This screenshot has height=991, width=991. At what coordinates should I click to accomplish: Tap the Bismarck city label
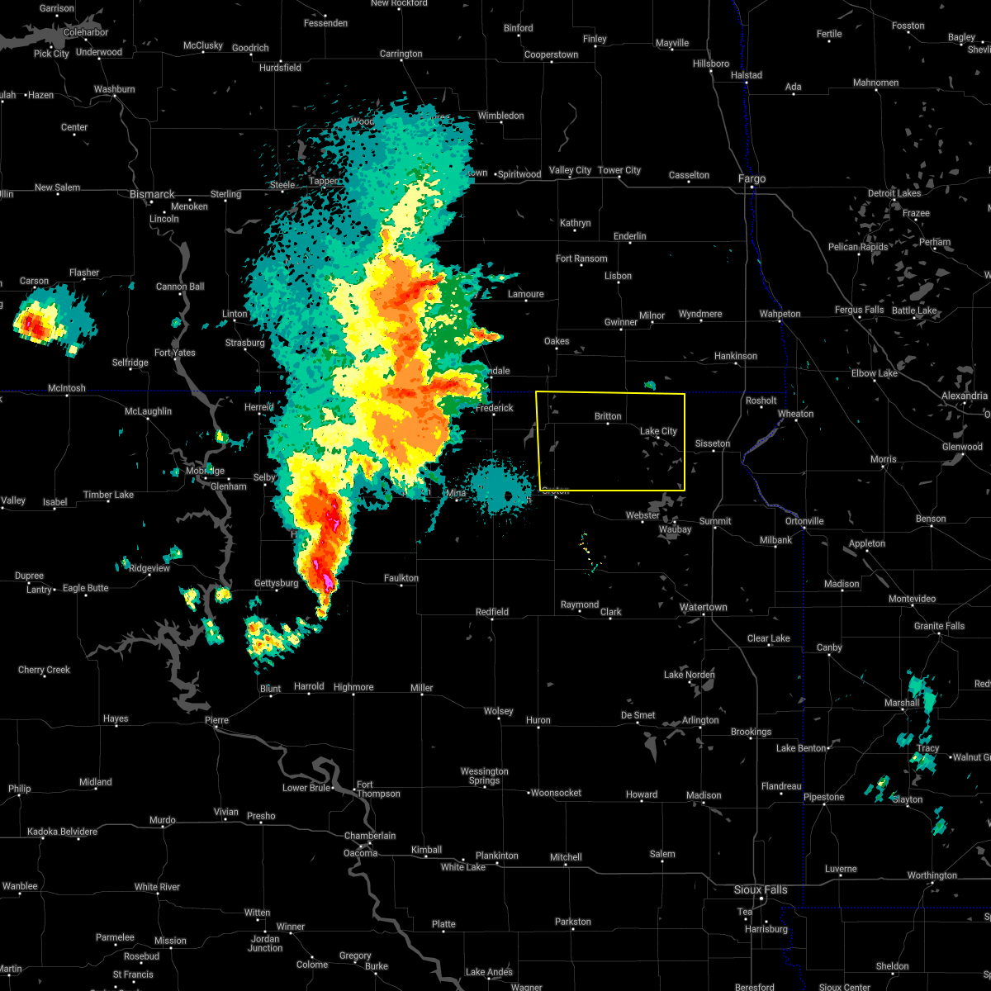click(152, 194)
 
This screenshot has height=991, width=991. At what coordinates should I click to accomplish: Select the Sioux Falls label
click(761, 889)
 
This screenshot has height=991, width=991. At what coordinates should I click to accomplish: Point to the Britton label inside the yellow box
click(608, 417)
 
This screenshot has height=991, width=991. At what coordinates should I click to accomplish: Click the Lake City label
click(658, 431)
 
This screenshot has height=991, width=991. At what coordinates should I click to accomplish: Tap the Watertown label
click(703, 607)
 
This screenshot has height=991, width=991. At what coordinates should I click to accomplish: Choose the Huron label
click(538, 720)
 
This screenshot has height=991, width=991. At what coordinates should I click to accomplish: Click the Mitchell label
click(566, 857)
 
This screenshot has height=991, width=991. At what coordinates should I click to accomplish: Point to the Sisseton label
click(712, 443)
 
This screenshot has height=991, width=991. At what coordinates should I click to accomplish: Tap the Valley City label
click(570, 170)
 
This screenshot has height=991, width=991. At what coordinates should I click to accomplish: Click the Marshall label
click(901, 703)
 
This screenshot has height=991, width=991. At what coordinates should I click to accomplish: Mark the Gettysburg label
click(276, 583)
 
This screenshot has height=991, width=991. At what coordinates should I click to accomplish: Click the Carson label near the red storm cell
click(34, 281)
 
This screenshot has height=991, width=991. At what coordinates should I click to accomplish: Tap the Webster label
click(642, 515)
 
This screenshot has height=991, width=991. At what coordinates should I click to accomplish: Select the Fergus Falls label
click(859, 310)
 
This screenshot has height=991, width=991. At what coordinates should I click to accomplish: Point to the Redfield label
click(492, 612)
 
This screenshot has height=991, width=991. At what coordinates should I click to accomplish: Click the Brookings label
click(751, 732)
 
